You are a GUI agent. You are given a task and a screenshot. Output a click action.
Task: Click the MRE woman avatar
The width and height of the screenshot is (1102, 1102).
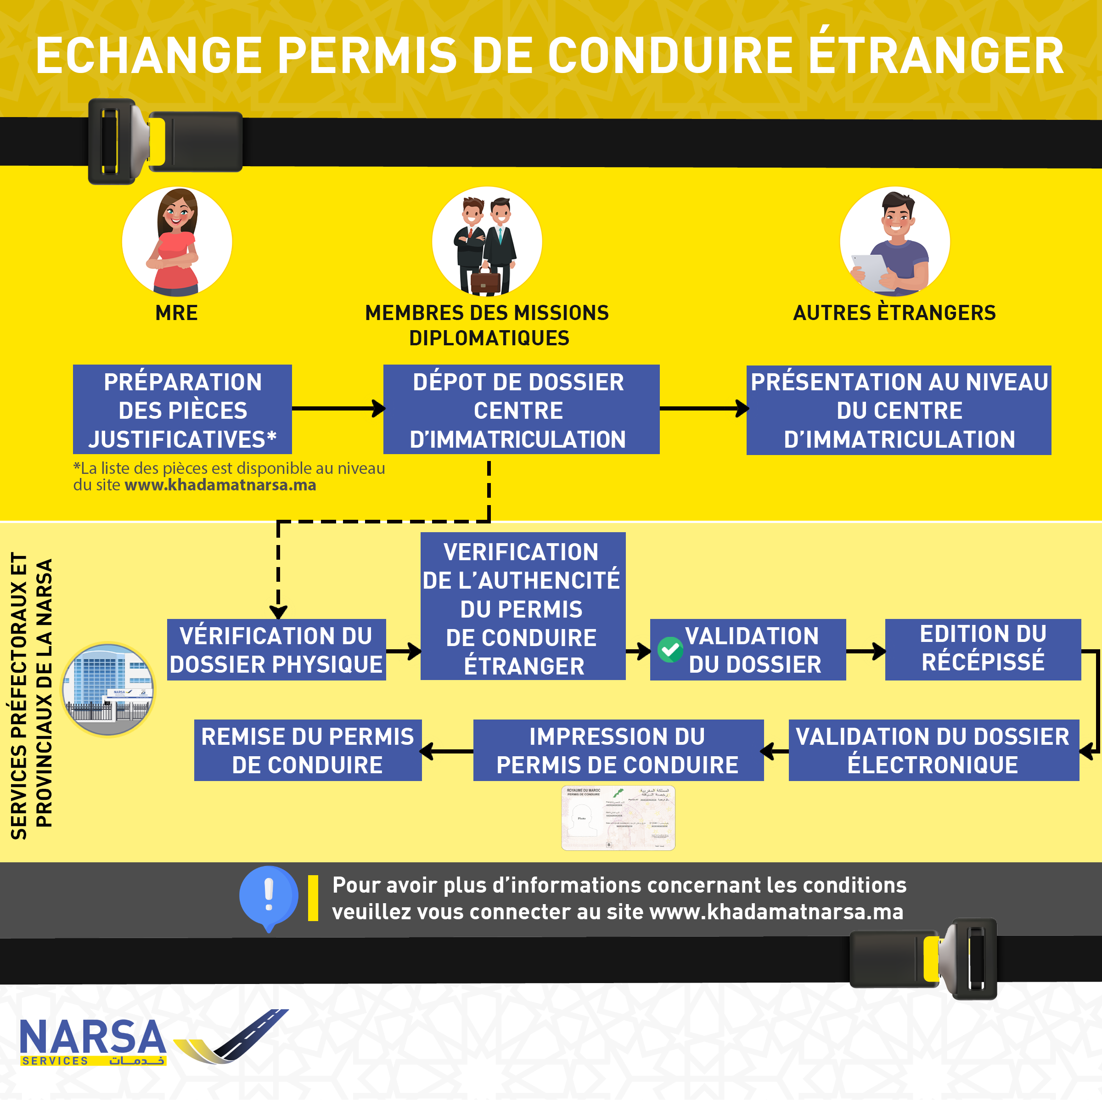pyautogui.click(x=177, y=242)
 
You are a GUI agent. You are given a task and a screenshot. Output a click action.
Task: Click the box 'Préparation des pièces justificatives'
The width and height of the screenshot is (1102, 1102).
pyautogui.click(x=183, y=410)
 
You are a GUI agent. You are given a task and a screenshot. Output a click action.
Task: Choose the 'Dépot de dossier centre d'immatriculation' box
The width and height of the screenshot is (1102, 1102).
pyautogui.click(x=521, y=410)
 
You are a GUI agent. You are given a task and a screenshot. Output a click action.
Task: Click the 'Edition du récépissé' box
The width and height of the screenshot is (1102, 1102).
pyautogui.click(x=982, y=649)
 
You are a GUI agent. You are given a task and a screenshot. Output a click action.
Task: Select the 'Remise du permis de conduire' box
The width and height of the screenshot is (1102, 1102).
pyautogui.click(x=308, y=750)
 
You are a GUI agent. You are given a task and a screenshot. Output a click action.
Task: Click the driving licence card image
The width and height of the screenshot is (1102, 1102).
pyautogui.click(x=618, y=818)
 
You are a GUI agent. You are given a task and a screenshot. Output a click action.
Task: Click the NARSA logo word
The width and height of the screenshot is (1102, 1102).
pyautogui.click(x=93, y=1038)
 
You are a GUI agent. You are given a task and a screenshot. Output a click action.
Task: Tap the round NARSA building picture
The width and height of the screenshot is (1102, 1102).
pyautogui.click(x=108, y=690)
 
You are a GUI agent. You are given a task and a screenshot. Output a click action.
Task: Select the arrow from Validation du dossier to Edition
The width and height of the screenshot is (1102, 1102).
pyautogui.click(x=865, y=651)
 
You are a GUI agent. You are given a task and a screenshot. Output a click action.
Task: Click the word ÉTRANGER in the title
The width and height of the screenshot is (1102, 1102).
pyautogui.click(x=935, y=56)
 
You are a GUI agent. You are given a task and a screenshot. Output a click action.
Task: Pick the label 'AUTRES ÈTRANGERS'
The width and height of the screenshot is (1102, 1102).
pyautogui.click(x=894, y=313)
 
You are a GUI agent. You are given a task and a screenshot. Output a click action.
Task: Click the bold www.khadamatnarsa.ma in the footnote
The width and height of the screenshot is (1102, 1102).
pyautogui.click(x=220, y=485)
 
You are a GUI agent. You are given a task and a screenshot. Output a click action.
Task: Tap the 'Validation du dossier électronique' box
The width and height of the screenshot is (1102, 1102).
pyautogui.click(x=933, y=750)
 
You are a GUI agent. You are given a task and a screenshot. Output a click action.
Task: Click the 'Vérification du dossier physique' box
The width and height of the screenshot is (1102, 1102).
pyautogui.click(x=276, y=650)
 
